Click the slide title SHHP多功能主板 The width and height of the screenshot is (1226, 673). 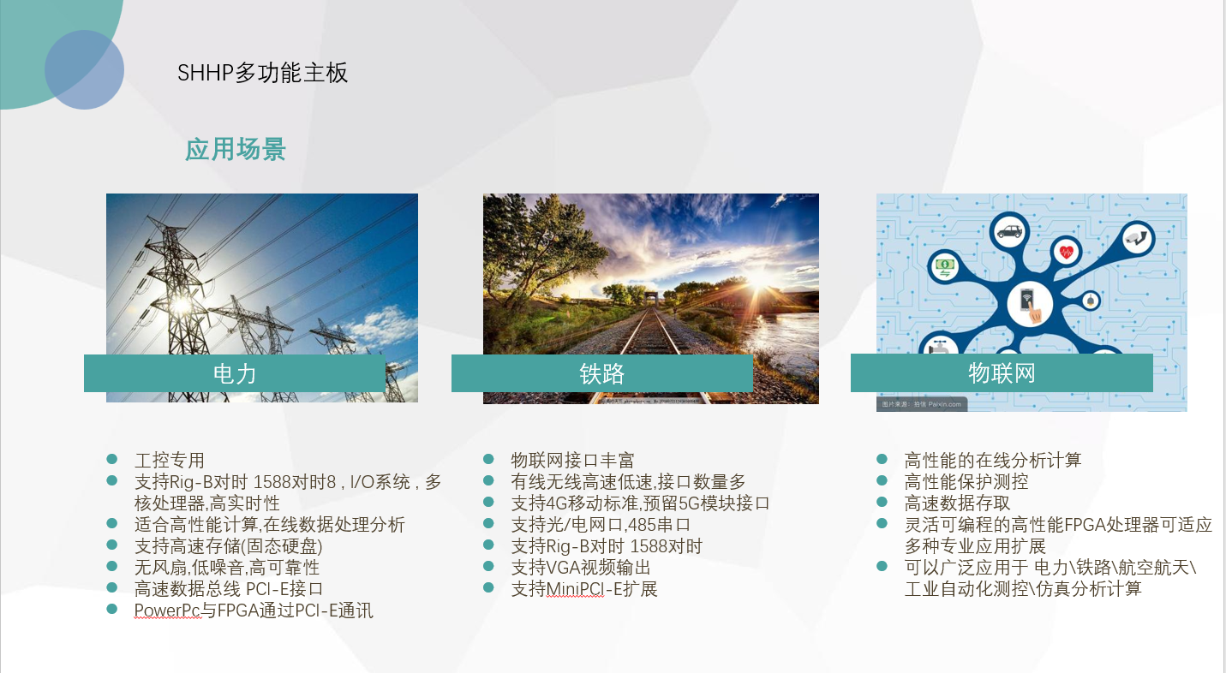click(262, 73)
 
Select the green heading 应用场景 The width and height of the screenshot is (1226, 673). click(236, 149)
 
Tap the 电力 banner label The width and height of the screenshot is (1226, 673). click(234, 373)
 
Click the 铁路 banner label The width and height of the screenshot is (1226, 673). click(601, 373)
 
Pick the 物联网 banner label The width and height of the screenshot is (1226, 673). click(1002, 373)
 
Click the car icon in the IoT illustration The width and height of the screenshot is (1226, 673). click(1009, 231)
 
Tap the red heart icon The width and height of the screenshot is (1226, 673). click(1066, 253)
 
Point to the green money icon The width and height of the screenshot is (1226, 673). click(945, 267)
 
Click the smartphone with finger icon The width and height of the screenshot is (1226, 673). click(1030, 305)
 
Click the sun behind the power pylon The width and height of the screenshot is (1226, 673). click(181, 304)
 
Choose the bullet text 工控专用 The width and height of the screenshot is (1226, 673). click(169, 460)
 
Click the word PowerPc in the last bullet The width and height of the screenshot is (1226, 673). click(167, 610)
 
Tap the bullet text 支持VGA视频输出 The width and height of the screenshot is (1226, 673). click(581, 568)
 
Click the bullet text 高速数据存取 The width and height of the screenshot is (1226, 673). click(957, 503)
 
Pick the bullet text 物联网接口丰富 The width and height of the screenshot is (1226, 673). click(572, 460)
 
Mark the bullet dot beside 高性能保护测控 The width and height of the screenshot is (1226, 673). click(882, 480)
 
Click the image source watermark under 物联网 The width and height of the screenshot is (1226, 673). click(922, 404)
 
